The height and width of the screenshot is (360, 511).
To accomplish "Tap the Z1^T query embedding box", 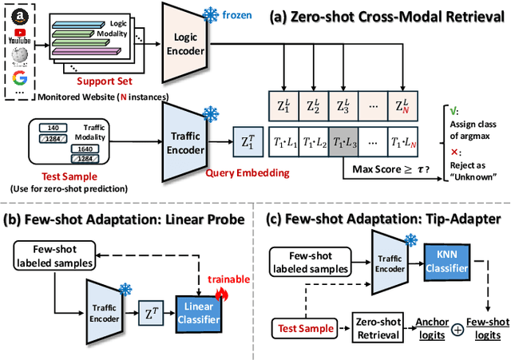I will tap(248, 141).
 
